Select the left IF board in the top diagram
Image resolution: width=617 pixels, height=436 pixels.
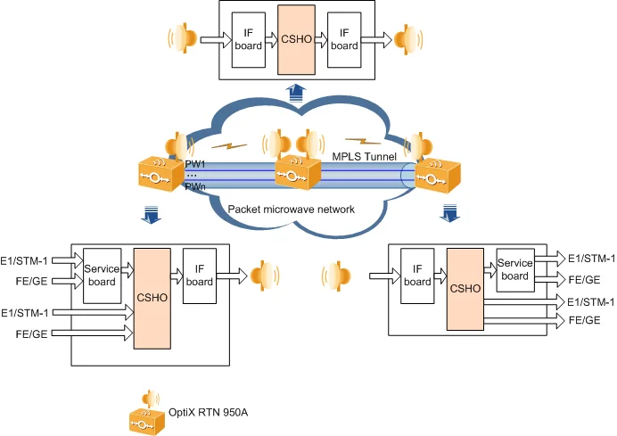click(249, 41)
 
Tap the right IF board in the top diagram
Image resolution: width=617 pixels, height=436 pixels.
click(343, 41)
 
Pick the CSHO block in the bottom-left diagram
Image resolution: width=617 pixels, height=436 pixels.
click(152, 298)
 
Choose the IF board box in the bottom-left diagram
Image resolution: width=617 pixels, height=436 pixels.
click(200, 276)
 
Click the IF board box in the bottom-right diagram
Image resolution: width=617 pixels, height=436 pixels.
click(417, 276)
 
